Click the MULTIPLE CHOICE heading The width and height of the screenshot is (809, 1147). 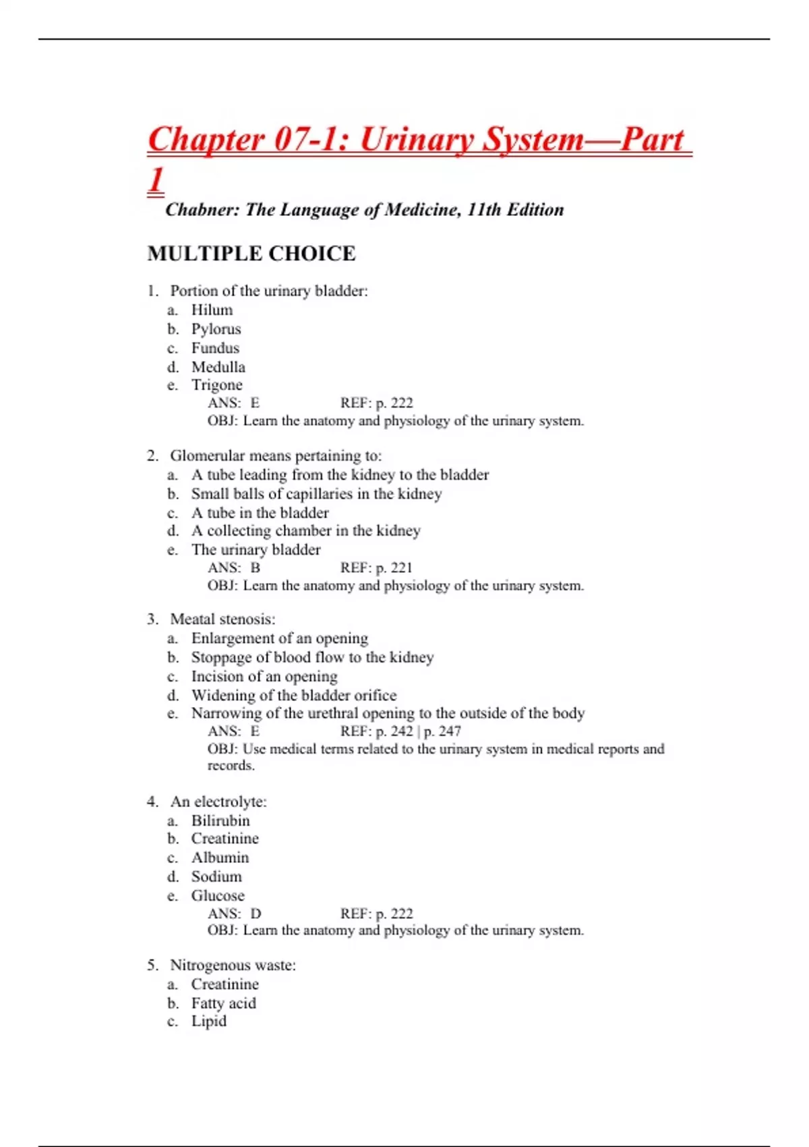click(x=251, y=254)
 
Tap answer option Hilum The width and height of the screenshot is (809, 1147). click(x=212, y=310)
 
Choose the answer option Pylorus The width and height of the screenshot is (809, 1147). click(x=216, y=329)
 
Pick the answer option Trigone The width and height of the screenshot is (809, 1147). click(x=216, y=385)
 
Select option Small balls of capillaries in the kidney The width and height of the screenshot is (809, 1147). click(x=316, y=494)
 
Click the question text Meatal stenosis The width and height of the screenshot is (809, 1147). click(x=222, y=619)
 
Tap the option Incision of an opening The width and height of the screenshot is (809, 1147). click(x=264, y=677)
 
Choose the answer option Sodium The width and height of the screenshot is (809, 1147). click(x=216, y=877)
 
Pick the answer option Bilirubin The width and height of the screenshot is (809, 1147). click(x=220, y=821)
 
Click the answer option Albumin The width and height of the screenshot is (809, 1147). click(x=220, y=858)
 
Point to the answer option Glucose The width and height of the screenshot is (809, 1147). click(x=218, y=896)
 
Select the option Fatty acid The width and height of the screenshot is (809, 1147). click(x=223, y=1003)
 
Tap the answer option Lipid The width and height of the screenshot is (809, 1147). click(x=209, y=1022)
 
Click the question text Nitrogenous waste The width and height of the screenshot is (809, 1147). click(x=233, y=966)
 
